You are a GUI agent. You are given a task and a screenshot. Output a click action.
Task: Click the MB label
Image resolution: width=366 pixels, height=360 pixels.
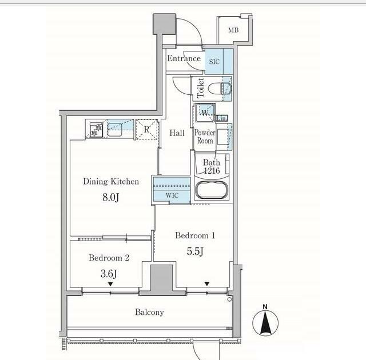click(233, 30)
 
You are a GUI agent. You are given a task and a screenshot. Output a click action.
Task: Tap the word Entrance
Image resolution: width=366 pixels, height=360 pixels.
click(184, 58)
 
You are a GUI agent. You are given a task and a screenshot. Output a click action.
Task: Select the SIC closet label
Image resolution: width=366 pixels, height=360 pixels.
click(214, 62)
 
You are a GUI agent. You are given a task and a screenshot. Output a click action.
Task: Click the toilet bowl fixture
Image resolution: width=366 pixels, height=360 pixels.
click(220, 89)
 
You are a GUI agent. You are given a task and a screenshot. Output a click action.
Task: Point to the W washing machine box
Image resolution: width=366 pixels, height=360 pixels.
click(205, 113)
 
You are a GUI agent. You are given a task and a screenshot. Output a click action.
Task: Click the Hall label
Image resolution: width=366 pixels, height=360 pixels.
click(177, 133)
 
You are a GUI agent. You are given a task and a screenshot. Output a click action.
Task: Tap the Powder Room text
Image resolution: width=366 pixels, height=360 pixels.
click(205, 137)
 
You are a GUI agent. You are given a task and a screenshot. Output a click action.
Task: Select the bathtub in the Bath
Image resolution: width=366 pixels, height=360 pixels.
click(212, 190)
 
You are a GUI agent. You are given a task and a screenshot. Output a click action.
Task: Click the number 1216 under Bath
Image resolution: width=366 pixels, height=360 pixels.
click(212, 171)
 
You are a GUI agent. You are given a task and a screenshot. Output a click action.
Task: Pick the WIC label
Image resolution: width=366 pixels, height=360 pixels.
click(172, 195)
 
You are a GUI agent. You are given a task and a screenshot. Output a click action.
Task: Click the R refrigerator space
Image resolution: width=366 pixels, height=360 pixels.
click(147, 129)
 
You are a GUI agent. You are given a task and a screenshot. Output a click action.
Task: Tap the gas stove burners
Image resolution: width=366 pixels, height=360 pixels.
click(97, 130)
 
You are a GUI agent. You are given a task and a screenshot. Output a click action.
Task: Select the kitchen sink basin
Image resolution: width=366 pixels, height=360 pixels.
click(114, 130)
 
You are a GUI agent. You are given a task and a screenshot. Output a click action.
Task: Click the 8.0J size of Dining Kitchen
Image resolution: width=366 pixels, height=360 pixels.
click(110, 197)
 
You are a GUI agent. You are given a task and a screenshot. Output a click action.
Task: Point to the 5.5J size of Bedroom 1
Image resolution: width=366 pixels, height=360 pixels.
click(195, 251)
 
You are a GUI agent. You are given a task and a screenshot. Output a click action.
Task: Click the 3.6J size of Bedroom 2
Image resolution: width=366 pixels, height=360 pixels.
click(109, 274)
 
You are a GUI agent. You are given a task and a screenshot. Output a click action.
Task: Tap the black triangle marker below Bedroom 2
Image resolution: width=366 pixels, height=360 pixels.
click(110, 284)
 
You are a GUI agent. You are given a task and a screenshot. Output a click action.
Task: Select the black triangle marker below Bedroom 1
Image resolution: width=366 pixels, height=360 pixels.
click(207, 284)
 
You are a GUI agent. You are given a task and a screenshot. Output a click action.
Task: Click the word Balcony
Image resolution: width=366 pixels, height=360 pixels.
click(149, 312)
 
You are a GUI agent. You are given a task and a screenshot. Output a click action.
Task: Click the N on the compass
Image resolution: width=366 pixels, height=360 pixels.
click(265, 307)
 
